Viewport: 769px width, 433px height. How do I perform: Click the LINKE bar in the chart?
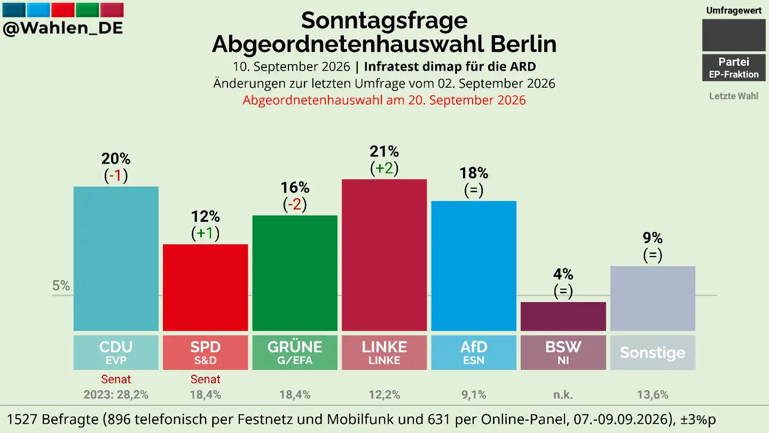pos(384,255)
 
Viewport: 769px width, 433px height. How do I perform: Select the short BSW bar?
pos(563,316)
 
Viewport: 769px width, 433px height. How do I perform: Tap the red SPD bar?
pos(205,288)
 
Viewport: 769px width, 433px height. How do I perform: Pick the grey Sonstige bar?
pos(653,299)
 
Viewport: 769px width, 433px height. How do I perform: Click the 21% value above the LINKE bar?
pos(384,151)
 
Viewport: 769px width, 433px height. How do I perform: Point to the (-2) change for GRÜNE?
pos(295,204)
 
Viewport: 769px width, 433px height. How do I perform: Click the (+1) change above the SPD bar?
pos(205,233)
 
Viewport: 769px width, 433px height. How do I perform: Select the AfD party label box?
pos(474,353)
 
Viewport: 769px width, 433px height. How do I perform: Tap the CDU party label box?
pos(116,353)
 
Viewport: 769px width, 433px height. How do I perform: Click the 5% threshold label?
pos(61,285)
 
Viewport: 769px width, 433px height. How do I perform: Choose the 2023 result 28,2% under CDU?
pos(116,395)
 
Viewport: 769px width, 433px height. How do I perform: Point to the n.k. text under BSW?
pos(563,395)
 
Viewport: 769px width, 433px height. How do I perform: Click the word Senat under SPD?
pos(205,379)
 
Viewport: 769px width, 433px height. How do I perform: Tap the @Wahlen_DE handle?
pos(63,28)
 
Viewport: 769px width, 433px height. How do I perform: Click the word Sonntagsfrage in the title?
pos(384,20)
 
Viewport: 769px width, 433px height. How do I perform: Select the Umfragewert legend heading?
pos(734,11)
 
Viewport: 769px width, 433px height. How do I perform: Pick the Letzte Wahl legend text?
pos(734,96)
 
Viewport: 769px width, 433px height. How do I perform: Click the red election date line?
pos(384,100)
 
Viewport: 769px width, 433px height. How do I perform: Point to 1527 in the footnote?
pos(23,419)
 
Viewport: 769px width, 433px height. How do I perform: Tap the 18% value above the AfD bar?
pos(474,173)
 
